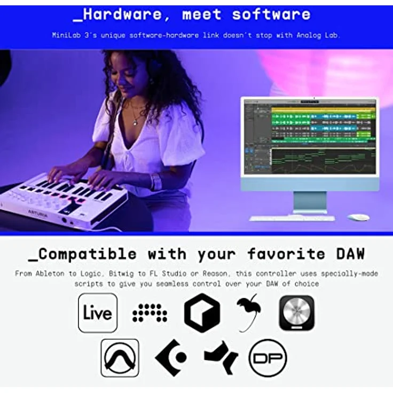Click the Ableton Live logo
coord(98,312)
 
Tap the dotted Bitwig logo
coord(150,312)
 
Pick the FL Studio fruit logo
coord(249,311)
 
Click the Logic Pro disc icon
coord(296,312)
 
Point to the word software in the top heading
coord(271,14)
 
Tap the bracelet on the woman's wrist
coord(156,182)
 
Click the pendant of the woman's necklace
coord(136,123)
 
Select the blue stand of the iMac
coord(310,202)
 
